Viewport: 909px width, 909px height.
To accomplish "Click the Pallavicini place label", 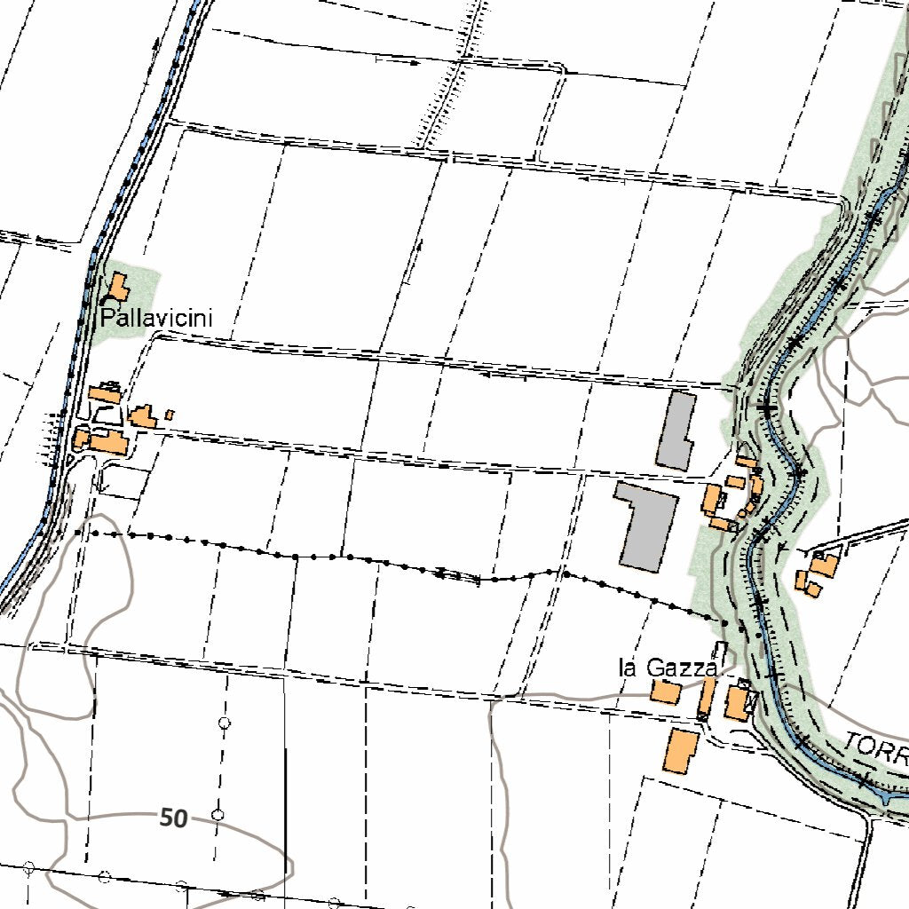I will coord(156,318).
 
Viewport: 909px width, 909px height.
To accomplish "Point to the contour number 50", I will coord(174,818).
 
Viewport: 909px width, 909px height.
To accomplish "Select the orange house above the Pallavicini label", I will coord(116,288).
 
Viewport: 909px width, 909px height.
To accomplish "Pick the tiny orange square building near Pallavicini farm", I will coord(170,415).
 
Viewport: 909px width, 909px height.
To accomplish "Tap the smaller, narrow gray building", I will coord(676,431).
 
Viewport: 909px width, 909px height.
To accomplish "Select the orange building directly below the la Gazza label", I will coord(666,692).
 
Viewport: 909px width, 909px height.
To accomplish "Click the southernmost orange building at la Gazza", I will coord(680,751).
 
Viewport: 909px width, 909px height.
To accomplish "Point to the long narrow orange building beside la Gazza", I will coord(707,698).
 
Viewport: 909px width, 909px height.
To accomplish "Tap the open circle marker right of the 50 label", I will coord(217,814).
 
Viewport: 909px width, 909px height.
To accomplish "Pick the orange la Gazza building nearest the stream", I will coord(737,703).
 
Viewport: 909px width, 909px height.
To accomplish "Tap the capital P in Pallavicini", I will coord(107,318).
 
